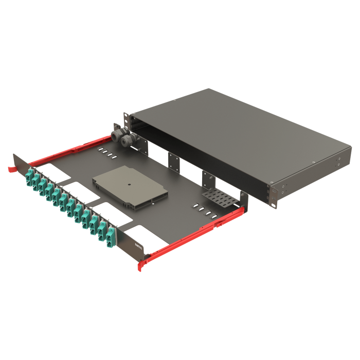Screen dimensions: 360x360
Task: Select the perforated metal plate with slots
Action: click(220, 196)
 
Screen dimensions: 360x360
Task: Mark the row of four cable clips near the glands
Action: click(105, 153)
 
